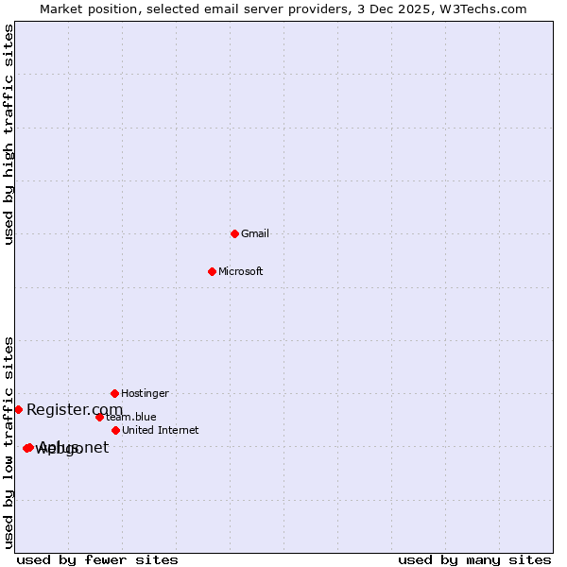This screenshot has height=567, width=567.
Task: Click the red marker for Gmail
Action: click(x=234, y=233)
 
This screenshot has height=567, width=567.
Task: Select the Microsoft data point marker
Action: click(x=212, y=271)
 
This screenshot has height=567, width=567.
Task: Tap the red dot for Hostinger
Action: click(x=114, y=393)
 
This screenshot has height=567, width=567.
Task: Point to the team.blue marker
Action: click(x=99, y=417)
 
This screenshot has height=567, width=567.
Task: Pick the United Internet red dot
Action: click(x=115, y=430)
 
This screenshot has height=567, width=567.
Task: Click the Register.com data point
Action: click(x=18, y=409)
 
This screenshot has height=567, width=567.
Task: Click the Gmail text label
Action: click(x=255, y=233)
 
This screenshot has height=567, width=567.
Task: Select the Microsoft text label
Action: click(x=241, y=271)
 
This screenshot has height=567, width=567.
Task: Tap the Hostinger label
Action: click(x=145, y=393)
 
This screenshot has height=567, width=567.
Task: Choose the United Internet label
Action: click(x=160, y=430)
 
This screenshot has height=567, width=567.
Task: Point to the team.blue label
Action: click(x=131, y=417)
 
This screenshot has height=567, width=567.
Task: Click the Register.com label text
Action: click(x=75, y=409)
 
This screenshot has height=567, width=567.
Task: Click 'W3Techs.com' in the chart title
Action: click(x=488, y=9)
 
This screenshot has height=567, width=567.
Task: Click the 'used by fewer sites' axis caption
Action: click(x=97, y=559)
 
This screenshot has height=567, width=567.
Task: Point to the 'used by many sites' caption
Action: click(x=474, y=559)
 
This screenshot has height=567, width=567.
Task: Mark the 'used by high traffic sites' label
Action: click(x=9, y=134)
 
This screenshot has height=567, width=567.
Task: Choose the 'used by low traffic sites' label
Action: click(x=9, y=442)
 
